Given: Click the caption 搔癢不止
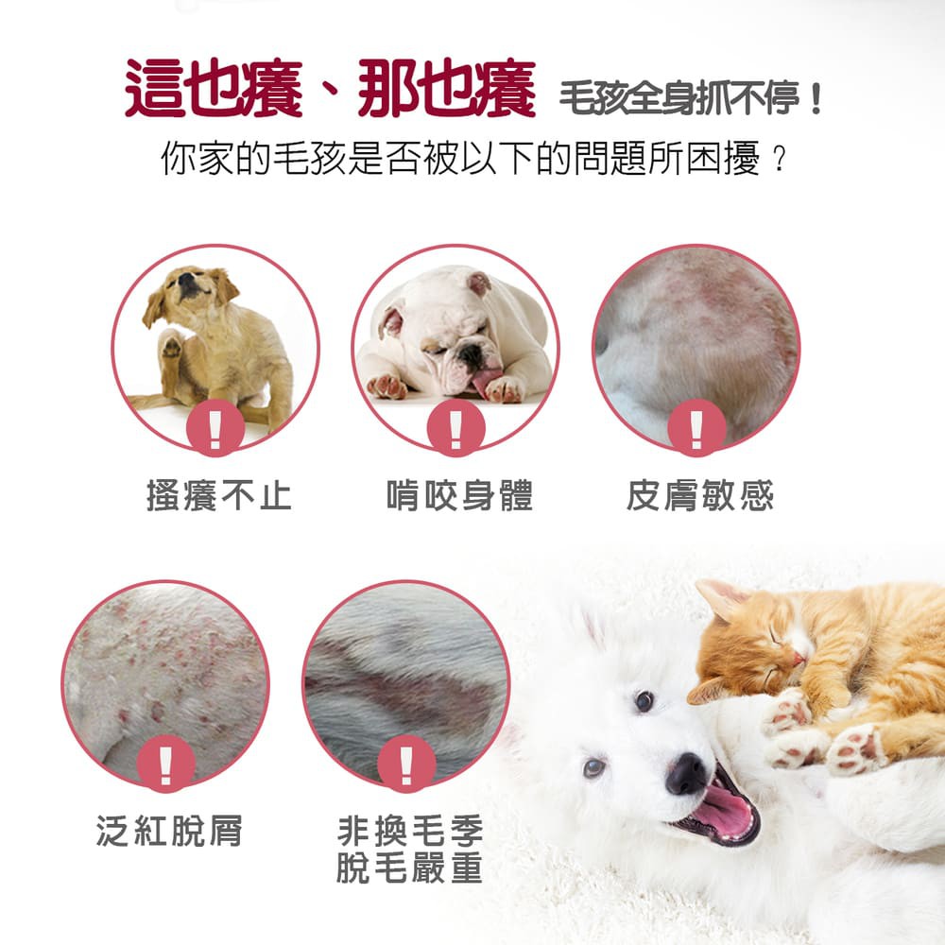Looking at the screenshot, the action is [219, 495].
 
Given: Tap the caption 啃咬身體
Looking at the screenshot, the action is [460, 495].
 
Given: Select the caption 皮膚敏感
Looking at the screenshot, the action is [700, 495].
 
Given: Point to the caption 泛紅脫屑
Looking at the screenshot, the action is [169, 831].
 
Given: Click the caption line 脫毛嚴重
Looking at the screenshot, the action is [410, 868].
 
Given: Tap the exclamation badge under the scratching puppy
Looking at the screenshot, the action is [215, 428].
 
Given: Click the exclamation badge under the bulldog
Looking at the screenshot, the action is [456, 428].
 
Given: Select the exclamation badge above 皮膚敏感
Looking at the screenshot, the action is [696, 428].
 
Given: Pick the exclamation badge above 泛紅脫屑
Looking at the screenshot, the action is [165, 764].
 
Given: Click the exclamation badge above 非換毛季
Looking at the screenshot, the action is [406, 764].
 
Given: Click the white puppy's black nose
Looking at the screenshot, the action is [686, 774].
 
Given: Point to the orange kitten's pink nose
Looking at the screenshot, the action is [799, 658].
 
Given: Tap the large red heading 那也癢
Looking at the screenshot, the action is [447, 88].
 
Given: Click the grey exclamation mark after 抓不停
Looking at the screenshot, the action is [816, 98].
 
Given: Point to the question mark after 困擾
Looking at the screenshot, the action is [780, 160].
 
